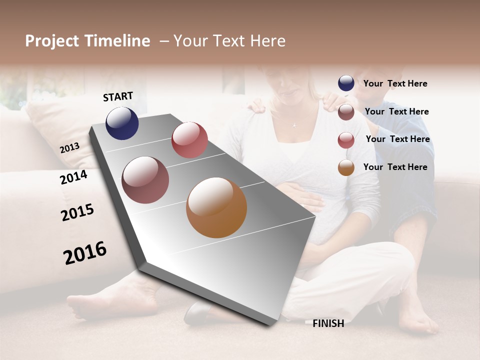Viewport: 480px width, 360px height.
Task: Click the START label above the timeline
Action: click(118, 96)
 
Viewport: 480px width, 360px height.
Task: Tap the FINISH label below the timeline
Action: click(328, 323)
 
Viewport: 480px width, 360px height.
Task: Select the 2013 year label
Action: click(69, 148)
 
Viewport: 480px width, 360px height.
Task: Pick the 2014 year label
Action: click(74, 177)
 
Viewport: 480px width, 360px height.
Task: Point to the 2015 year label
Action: click(77, 212)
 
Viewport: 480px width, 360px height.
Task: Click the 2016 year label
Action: click(85, 253)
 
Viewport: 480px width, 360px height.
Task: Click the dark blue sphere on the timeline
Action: click(122, 123)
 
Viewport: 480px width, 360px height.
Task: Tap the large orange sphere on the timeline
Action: click(216, 207)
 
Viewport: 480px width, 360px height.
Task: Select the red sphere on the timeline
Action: click(189, 140)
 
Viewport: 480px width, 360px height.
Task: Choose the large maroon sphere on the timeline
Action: click(145, 180)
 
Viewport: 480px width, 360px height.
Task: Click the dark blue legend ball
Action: click(346, 83)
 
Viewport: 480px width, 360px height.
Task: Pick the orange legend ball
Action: click(346, 167)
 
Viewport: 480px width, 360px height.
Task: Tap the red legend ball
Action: click(346, 140)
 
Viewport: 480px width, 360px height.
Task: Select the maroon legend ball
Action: click(346, 112)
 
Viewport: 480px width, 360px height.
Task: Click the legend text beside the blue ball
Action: click(395, 83)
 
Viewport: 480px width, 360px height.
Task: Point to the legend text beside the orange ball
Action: click(395, 167)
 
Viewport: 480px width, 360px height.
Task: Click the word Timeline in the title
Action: click(117, 41)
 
